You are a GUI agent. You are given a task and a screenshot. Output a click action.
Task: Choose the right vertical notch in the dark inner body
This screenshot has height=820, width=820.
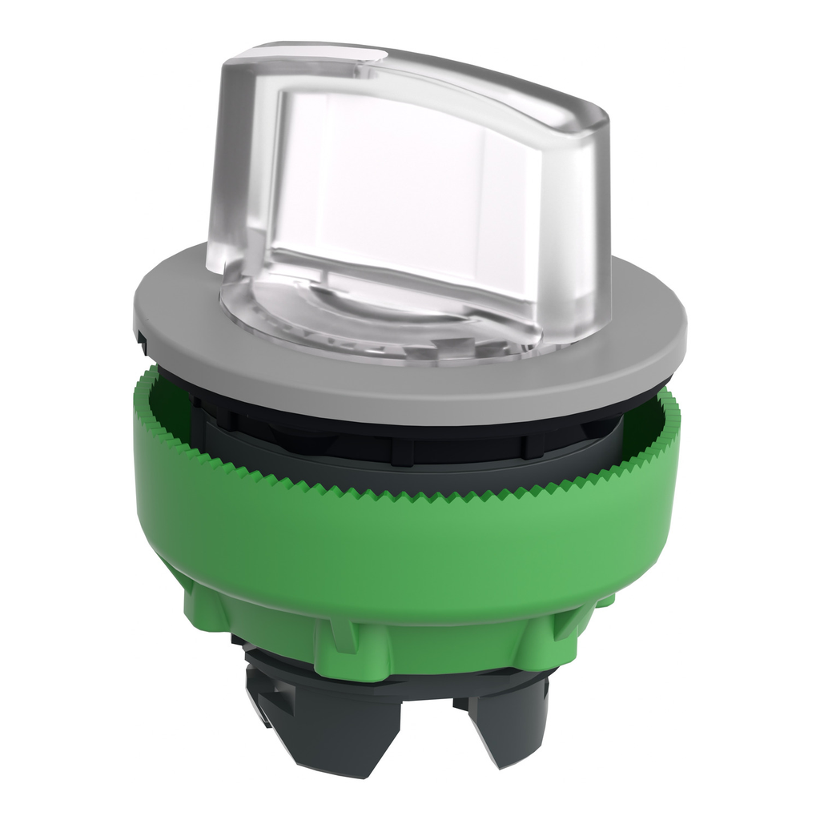coord(529,444)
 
